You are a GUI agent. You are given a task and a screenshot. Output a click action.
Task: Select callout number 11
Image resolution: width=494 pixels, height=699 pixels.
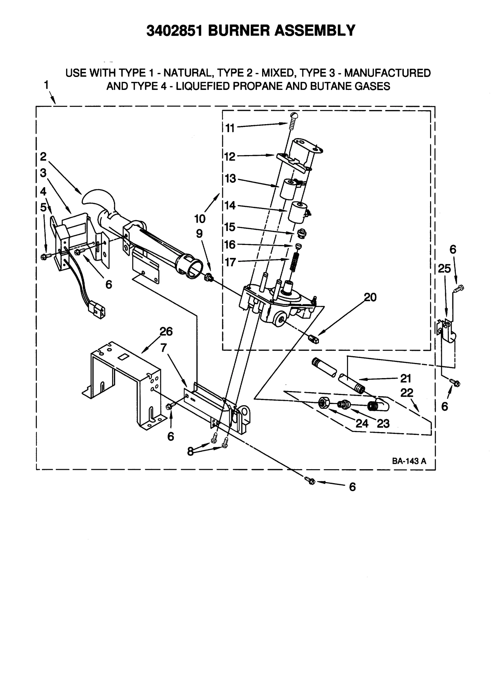coord(230,128)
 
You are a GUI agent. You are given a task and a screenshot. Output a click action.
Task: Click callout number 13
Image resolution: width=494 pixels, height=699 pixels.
coord(230,179)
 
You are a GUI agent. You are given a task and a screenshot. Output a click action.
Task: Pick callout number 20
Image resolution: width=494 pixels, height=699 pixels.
coord(370,297)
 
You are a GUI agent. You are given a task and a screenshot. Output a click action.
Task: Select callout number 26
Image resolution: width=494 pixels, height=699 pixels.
coord(166,331)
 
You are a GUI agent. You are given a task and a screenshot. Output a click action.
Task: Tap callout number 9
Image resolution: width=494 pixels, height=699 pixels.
coord(199,234)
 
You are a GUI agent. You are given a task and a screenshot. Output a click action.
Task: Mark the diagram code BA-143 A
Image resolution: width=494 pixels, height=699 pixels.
coord(409,461)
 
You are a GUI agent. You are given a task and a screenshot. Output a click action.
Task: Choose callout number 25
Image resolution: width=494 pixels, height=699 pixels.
coord(444,269)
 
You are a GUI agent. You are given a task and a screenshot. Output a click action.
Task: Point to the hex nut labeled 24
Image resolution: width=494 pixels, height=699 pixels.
coord(324,403)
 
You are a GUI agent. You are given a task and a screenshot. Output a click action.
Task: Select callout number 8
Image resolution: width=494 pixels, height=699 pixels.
coord(190,452)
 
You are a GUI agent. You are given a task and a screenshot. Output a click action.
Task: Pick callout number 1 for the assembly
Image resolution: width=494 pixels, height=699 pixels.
coord(46,85)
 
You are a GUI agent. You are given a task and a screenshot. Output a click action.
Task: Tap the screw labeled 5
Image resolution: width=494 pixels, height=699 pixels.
coord(44,256)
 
